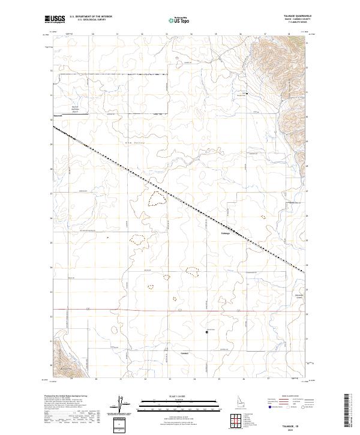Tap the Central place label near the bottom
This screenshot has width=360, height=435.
185,353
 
